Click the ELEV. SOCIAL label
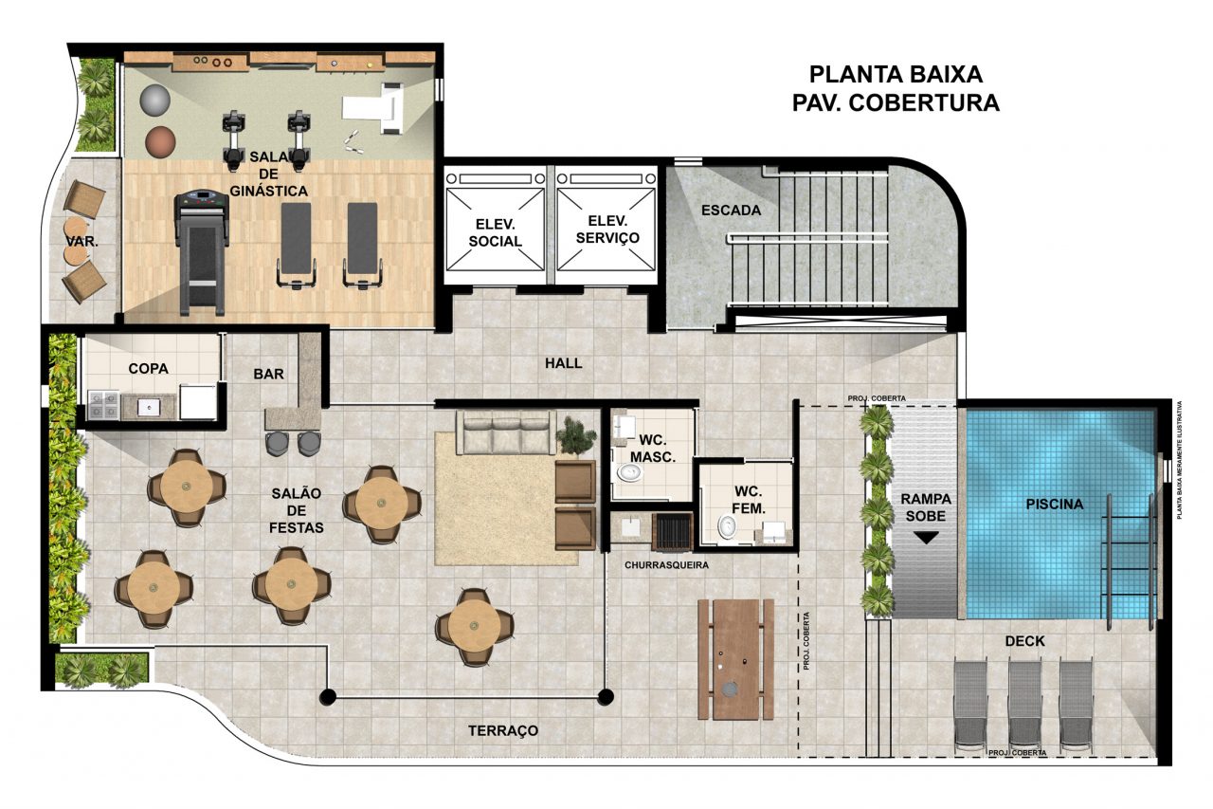(495, 232)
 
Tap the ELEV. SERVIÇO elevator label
(607, 230)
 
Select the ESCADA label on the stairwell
(731, 211)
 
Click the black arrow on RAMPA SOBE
(926, 538)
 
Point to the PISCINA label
(1055, 504)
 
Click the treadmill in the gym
(201, 252)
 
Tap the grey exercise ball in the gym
(154, 101)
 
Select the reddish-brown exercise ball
(160, 142)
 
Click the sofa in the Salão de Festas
(506, 432)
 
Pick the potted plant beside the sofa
(575, 434)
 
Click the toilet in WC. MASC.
(630, 473)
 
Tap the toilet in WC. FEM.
(727, 526)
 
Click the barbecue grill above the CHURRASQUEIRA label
(673, 531)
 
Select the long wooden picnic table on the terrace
(736, 659)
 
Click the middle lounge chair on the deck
(1025, 705)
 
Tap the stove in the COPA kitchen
(104, 405)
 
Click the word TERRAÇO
(503, 731)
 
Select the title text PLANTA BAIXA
(896, 75)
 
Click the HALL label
(563, 363)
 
